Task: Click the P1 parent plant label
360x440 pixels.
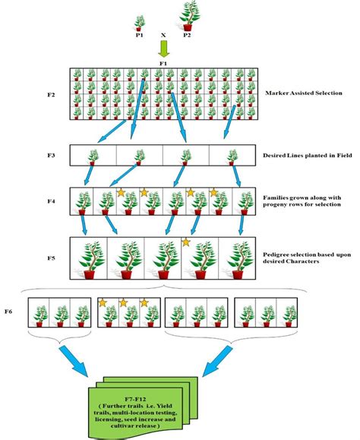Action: (139, 35)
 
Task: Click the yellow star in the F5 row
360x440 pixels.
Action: (185, 242)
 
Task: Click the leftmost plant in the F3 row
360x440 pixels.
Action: (93, 156)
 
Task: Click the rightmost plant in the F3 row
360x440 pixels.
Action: (232, 156)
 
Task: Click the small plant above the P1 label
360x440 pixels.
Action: (139, 21)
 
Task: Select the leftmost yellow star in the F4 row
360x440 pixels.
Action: (119, 192)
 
